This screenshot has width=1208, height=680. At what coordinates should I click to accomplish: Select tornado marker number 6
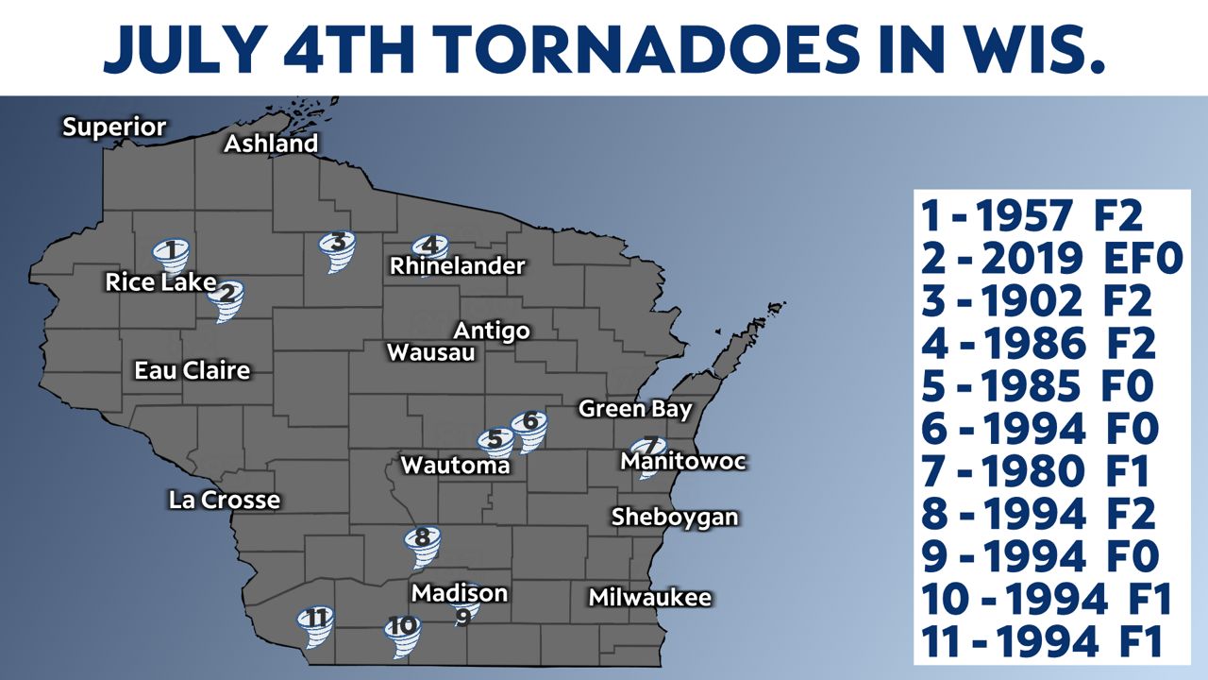[528, 428]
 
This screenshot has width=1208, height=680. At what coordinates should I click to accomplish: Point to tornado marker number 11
[316, 624]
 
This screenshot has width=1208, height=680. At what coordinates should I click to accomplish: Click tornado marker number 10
[402, 632]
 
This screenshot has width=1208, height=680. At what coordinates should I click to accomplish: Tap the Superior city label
[114, 127]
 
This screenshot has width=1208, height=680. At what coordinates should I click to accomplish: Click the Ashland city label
[271, 144]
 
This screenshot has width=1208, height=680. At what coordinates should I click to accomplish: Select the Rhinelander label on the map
[457, 266]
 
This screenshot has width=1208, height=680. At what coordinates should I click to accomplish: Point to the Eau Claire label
[193, 370]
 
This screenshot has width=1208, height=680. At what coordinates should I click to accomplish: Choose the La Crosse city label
[225, 500]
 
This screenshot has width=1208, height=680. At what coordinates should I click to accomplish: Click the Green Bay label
[635, 409]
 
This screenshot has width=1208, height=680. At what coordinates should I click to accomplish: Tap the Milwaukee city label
[649, 598]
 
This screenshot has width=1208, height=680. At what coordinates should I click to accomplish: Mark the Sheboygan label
[674, 518]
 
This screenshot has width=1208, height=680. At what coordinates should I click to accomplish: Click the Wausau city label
[431, 353]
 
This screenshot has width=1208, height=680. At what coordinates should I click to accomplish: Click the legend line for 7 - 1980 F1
[1038, 471]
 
